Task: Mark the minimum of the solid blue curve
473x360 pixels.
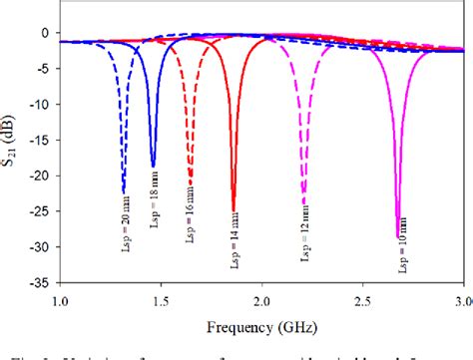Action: pyautogui.click(x=153, y=166)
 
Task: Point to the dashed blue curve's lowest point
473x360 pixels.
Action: pyautogui.click(x=124, y=191)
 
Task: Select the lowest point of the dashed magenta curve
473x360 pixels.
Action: pyautogui.click(x=303, y=203)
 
